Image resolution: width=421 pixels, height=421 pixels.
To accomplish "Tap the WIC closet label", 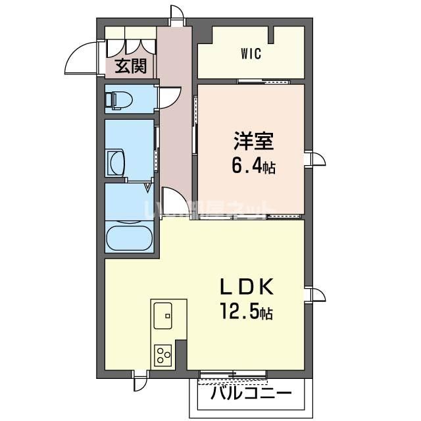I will click(x=251, y=54).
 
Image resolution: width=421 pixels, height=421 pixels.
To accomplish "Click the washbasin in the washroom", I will click(x=116, y=161).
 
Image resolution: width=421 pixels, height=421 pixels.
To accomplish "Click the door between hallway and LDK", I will click(x=172, y=201).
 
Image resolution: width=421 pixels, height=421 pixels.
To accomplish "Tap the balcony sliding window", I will click(x=233, y=376).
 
